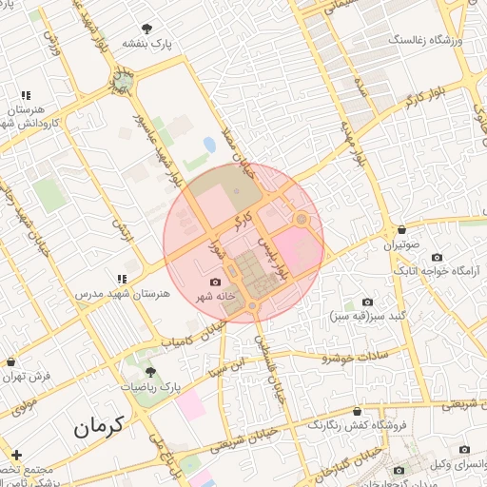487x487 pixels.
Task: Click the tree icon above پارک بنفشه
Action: coord(146,29)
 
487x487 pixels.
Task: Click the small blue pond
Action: coord(209,145)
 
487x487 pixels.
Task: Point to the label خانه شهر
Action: coord(215,298)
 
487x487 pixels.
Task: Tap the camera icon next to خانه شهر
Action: coord(215,282)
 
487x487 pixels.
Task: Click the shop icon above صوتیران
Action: coord(402,229)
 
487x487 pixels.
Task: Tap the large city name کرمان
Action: coord(99,427)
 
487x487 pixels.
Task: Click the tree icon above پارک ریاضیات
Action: coord(150,372)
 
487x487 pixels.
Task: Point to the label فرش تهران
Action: coord(27,377)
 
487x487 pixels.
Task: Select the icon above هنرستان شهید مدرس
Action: coord(122,279)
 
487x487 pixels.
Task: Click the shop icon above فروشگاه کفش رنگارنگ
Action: coord(356,412)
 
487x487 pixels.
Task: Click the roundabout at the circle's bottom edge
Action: coord(252,305)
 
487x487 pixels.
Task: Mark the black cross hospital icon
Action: coord(15,455)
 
